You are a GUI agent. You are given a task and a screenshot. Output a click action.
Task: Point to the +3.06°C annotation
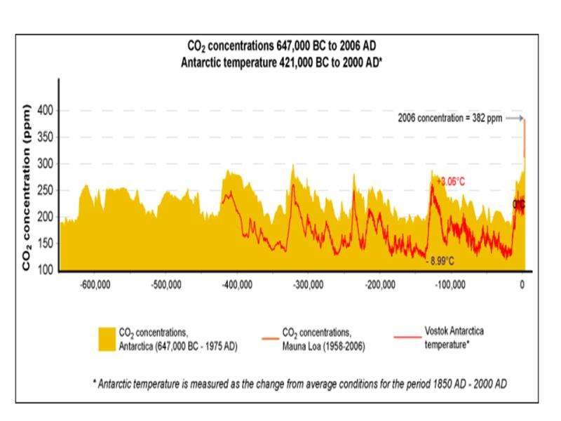[450, 182]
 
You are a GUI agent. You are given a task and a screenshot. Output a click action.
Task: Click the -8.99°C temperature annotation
[440, 261]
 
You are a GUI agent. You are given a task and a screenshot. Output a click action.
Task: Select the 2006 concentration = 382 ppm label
[449, 119]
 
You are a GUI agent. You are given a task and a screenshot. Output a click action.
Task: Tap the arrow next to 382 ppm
[515, 119]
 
